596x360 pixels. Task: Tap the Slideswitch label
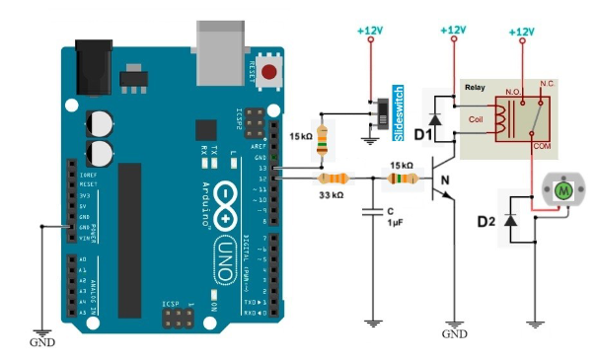click(400, 108)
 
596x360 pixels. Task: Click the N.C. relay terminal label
click(548, 84)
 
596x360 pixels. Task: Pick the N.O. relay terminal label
click(513, 92)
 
